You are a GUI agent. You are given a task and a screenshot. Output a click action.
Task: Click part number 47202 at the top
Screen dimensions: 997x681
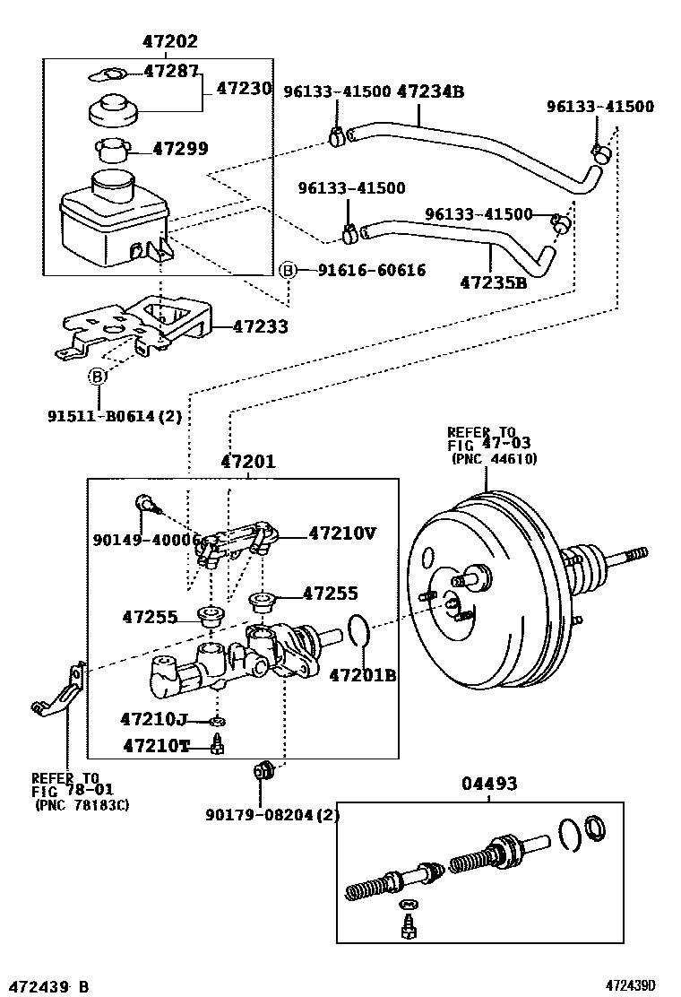pyautogui.click(x=170, y=42)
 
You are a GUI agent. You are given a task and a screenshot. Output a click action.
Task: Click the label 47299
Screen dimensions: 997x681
pyautogui.click(x=183, y=149)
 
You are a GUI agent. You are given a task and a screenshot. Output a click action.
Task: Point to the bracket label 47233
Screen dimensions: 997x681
pyautogui.click(x=260, y=327)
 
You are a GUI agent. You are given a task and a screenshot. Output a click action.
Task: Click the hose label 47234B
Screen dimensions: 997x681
pyautogui.click(x=430, y=91)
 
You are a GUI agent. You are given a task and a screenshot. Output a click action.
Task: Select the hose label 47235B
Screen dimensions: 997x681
pyautogui.click(x=493, y=282)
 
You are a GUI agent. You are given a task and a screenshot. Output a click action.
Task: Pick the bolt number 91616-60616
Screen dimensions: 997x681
pyautogui.click(x=371, y=270)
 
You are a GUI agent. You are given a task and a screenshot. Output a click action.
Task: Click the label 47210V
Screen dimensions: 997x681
pyautogui.click(x=342, y=533)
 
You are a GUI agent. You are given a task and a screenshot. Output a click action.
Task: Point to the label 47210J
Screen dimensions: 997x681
pyautogui.click(x=153, y=718)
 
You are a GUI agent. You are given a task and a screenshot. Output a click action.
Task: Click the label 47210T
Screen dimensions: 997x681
pyautogui.click(x=156, y=745)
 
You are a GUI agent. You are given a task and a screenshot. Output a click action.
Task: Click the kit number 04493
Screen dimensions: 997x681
pyautogui.click(x=489, y=784)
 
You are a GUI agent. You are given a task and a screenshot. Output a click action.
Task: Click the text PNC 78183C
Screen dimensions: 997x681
pyautogui.click(x=82, y=805)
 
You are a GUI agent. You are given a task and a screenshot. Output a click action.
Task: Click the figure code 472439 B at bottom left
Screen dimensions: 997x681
pyautogui.click(x=47, y=986)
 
